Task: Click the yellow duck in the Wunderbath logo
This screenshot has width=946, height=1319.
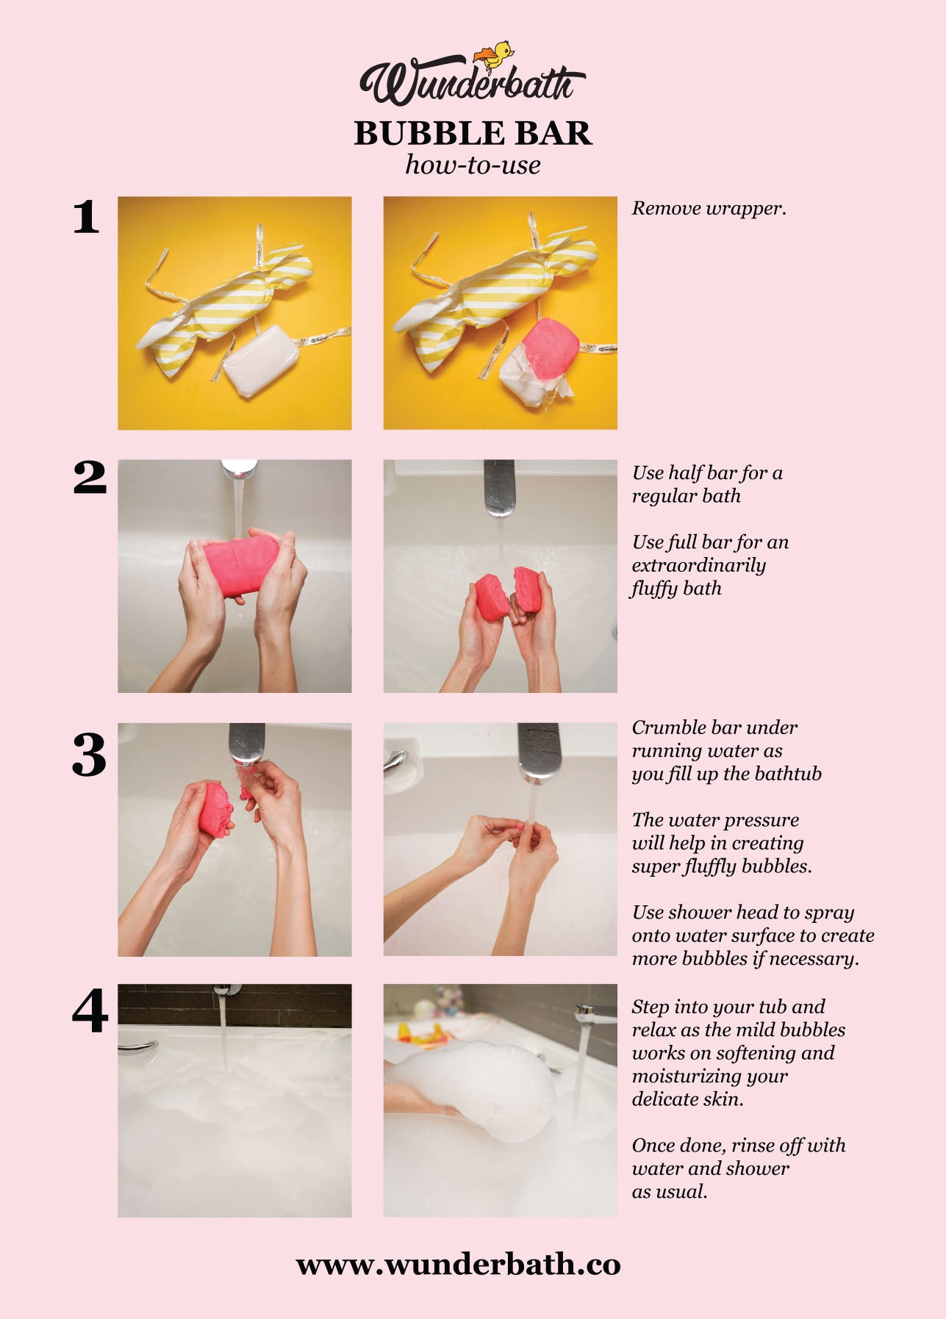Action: tap(495, 56)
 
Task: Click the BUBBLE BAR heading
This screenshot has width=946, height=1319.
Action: tap(473, 133)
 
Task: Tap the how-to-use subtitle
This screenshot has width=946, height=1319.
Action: tap(473, 165)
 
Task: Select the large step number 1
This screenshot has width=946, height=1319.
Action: tap(86, 217)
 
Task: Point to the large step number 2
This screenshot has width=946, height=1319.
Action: tap(90, 478)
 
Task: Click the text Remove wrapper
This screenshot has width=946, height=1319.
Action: tap(709, 209)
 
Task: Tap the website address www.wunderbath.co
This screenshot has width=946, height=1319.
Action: tap(458, 1265)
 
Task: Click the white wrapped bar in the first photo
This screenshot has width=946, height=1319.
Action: tap(262, 362)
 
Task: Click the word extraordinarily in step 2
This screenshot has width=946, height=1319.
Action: tap(698, 566)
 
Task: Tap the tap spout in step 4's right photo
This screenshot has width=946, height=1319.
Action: tap(594, 1014)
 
